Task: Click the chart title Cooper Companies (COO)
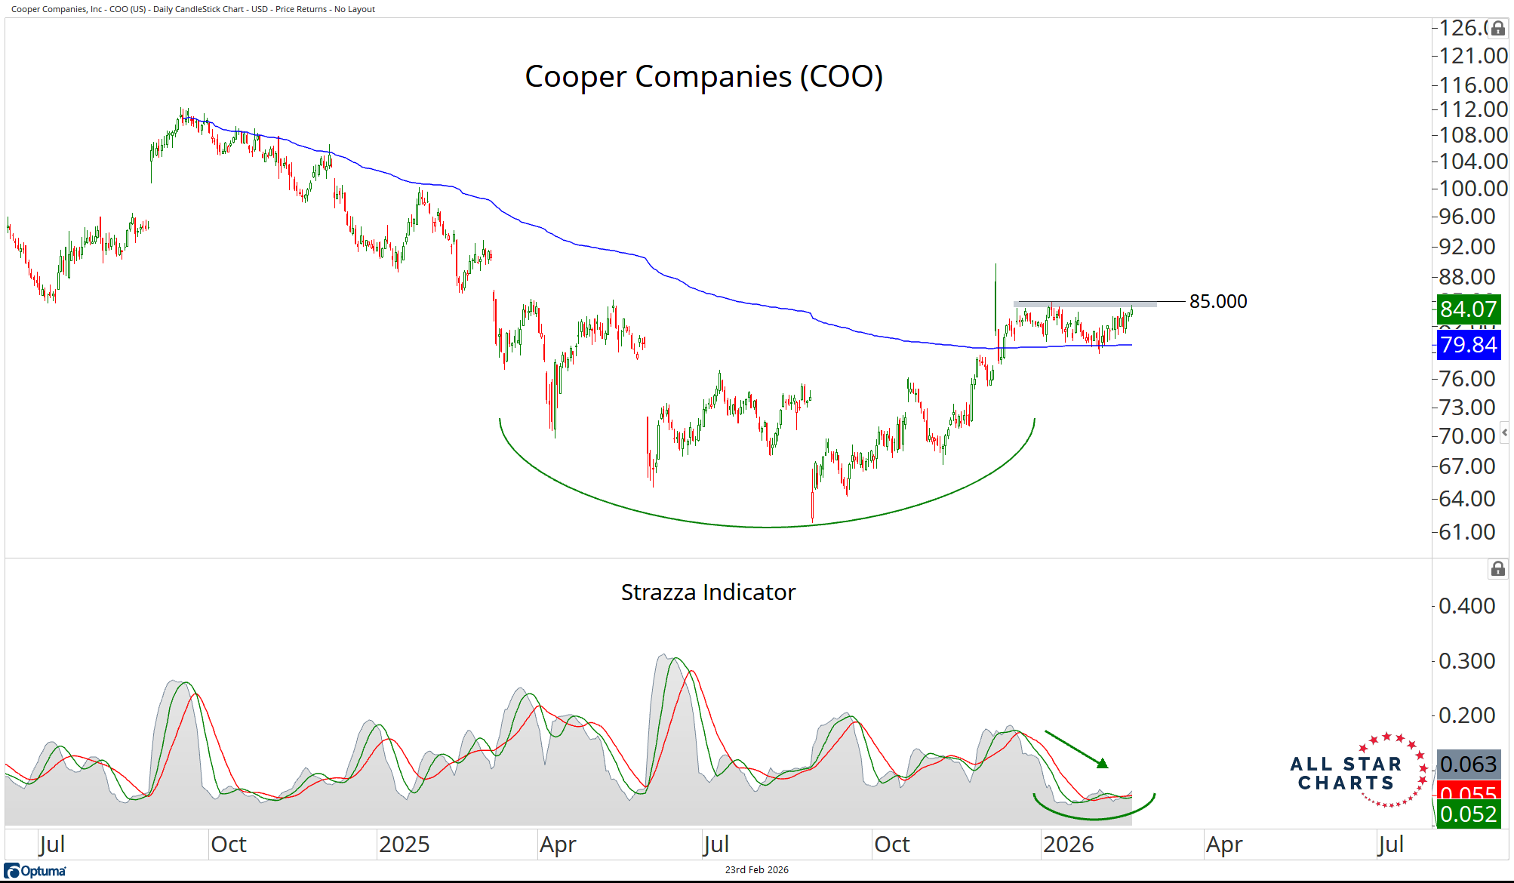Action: (703, 77)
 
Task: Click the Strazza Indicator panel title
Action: (708, 592)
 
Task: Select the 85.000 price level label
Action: (1218, 301)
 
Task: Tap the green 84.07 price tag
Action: (1468, 309)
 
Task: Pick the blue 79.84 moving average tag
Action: (1468, 345)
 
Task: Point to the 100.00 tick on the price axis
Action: (1472, 189)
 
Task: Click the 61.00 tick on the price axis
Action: (1466, 532)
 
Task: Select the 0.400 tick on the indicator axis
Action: (1466, 606)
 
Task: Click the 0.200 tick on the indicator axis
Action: (1466, 715)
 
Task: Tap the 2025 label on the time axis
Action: (404, 845)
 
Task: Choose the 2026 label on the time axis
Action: (1068, 845)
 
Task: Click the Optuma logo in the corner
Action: (35, 871)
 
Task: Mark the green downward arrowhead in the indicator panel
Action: (1103, 764)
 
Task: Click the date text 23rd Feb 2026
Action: (756, 870)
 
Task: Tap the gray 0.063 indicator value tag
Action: (1468, 765)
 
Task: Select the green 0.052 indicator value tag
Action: (1468, 814)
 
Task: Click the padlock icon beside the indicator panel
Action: (1498, 569)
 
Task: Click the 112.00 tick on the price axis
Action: (1472, 109)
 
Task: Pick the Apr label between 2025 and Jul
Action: (558, 845)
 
